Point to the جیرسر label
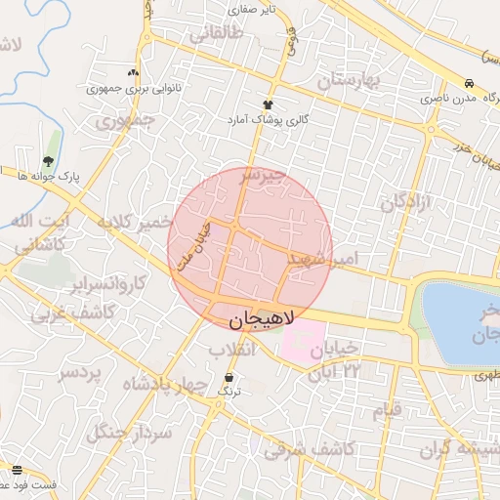tap(265, 176)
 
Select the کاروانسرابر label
tap(108, 284)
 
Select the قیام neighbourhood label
tap(387, 410)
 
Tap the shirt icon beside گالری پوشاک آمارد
tap(268, 104)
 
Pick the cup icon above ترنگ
tap(229, 377)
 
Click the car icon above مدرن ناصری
tap(470, 84)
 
